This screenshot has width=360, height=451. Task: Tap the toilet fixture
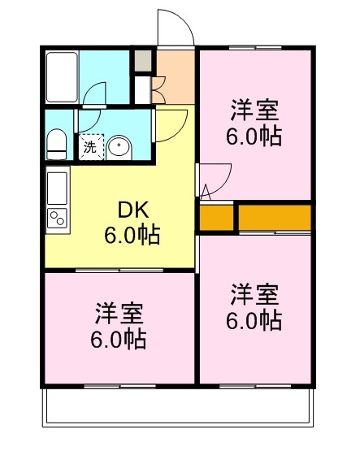[57, 144]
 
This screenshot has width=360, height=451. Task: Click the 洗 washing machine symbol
[90, 147]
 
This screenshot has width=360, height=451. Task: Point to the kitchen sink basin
[59, 189]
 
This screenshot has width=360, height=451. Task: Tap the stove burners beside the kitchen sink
[59, 217]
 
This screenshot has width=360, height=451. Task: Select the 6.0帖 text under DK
[131, 236]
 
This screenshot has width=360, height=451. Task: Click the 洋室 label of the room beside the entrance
[254, 108]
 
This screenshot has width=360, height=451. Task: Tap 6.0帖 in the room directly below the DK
[119, 337]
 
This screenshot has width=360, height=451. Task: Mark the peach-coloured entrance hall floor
[175, 77]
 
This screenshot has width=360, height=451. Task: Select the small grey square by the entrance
[143, 61]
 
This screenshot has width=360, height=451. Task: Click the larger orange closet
[275, 218]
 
